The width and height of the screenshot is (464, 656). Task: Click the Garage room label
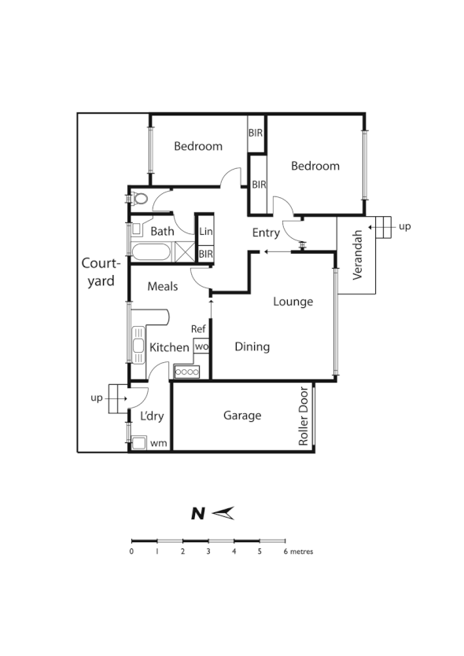[242, 416]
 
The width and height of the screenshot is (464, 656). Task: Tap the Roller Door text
[304, 417]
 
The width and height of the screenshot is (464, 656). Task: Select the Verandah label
[358, 255]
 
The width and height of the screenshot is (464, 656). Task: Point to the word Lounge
[293, 302]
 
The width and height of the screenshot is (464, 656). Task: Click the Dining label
[252, 346]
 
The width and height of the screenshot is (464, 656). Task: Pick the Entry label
[266, 233]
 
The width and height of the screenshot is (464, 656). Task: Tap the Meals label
[163, 287]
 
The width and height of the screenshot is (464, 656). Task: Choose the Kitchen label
[170, 347]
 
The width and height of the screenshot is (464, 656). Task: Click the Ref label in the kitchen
[199, 329]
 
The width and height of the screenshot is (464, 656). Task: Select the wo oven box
[201, 346]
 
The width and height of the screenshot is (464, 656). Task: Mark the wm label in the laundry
[159, 444]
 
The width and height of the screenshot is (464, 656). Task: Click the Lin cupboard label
[205, 232]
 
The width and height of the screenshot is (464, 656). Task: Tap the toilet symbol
[139, 198]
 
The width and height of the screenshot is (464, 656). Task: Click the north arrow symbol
[225, 514]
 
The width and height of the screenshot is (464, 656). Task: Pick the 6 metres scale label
[299, 552]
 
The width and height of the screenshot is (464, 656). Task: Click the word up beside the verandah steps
[405, 226]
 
